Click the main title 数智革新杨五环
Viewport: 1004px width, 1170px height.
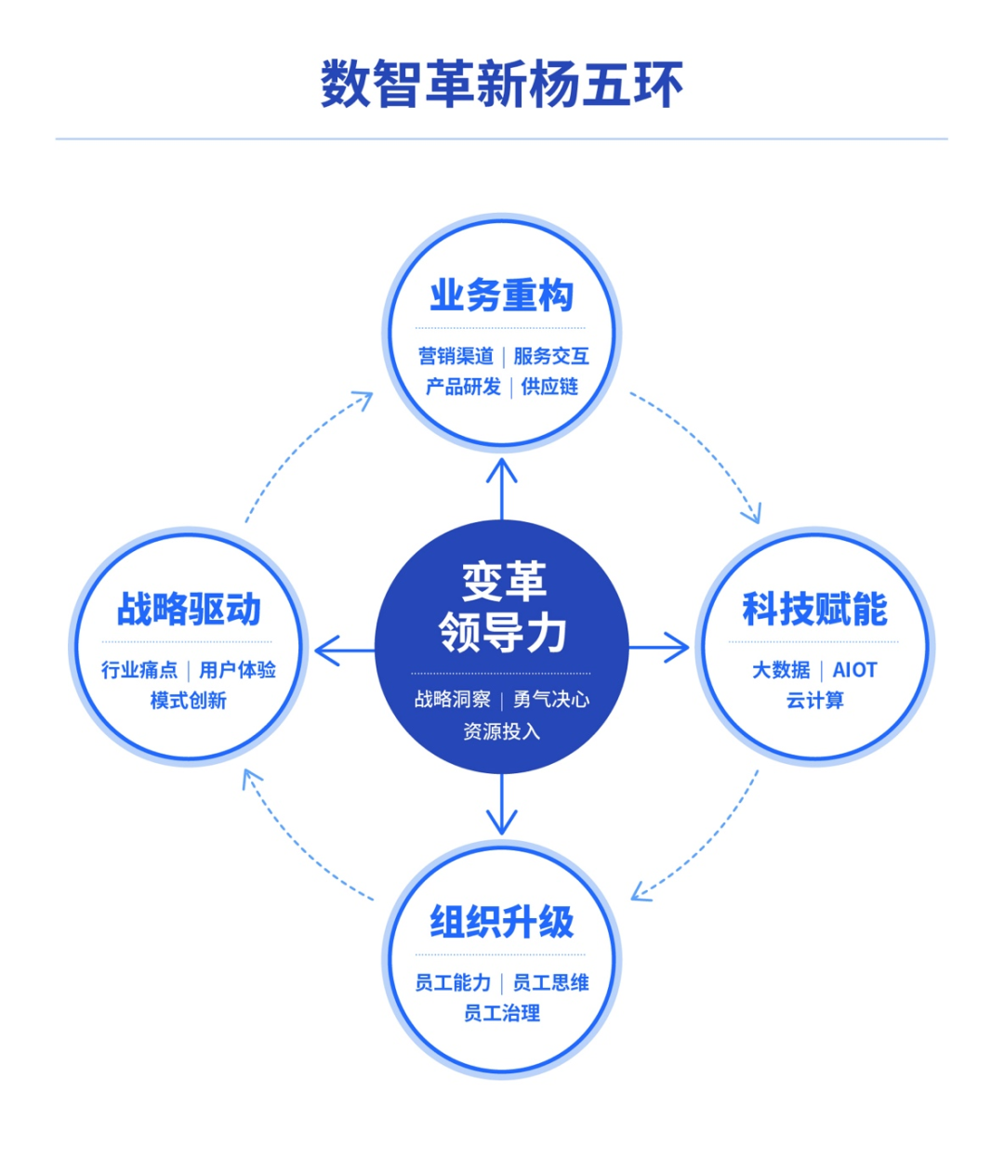click(502, 85)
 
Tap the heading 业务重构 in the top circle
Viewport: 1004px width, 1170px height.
click(502, 295)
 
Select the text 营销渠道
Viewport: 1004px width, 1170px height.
click(456, 356)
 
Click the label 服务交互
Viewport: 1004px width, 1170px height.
click(551, 356)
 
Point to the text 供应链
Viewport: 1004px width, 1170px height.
click(549, 387)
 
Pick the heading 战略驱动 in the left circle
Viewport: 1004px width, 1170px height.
click(189, 609)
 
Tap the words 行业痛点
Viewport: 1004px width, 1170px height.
click(139, 670)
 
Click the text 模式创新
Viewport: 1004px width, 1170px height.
click(189, 701)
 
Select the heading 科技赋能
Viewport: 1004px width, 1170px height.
click(815, 609)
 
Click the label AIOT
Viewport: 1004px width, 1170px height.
click(854, 670)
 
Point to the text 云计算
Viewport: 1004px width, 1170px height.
click(815, 701)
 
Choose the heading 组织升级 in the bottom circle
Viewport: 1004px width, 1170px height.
click(502, 922)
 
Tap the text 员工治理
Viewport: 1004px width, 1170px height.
click(502, 1013)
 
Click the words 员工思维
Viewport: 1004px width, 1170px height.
click(551, 982)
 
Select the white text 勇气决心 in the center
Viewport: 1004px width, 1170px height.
click(551, 700)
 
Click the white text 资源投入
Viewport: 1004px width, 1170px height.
click(502, 731)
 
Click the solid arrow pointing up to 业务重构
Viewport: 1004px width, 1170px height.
click(502, 489)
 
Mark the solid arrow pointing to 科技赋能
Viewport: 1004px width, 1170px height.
click(658, 647)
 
